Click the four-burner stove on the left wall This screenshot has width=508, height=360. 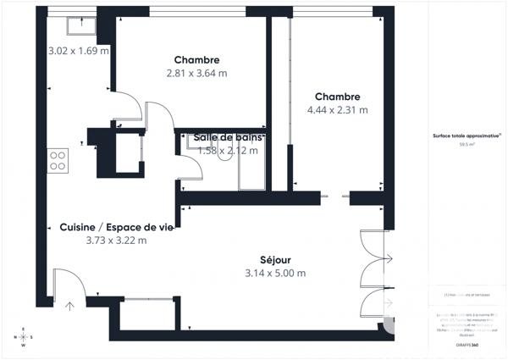[x=58, y=160]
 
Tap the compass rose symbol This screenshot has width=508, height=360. [x=24, y=337]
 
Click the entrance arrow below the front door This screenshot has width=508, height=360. [x=69, y=306]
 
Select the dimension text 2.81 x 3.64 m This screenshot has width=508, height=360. [x=197, y=74]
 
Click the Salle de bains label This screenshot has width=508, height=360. [x=228, y=137]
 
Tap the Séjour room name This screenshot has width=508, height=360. [x=275, y=260]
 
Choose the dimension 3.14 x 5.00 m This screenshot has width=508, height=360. [x=275, y=274]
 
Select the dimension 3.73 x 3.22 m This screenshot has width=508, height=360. [x=116, y=241]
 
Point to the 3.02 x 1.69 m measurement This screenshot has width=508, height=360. [x=79, y=51]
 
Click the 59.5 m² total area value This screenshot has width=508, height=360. [x=467, y=145]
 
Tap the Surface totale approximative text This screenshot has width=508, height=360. [x=466, y=136]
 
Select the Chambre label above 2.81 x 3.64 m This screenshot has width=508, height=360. [x=197, y=60]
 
